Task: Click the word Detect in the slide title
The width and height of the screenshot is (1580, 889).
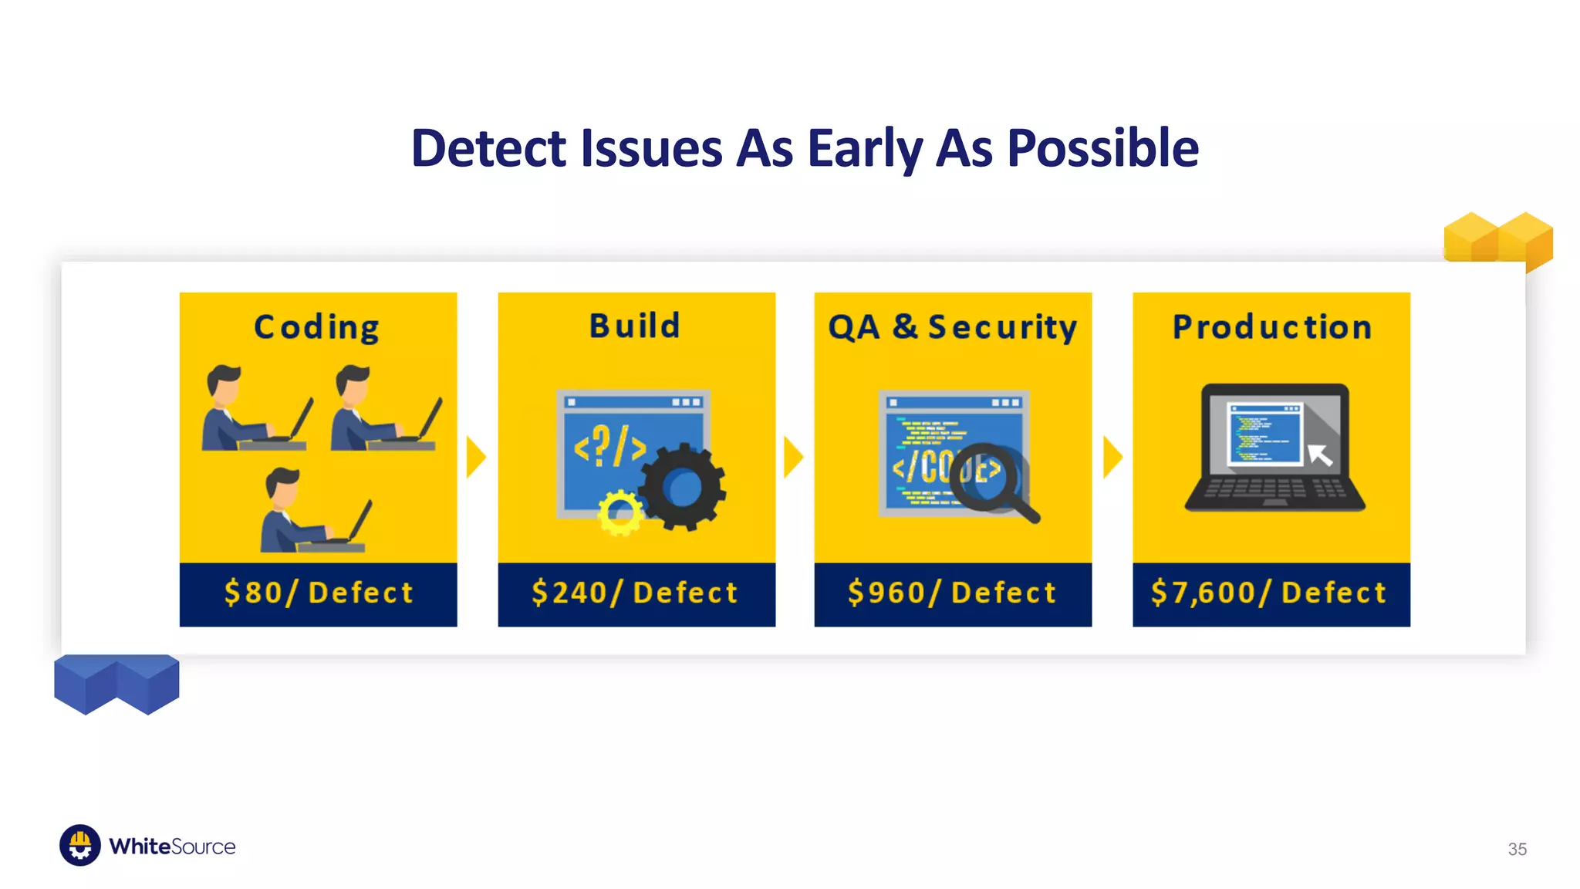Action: tap(489, 148)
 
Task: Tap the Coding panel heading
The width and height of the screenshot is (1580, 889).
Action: tap(317, 327)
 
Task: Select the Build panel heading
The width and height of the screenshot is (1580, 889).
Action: tap(635, 326)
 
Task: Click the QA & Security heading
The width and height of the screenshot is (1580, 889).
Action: tap(953, 327)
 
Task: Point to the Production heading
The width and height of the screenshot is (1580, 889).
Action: tap(1272, 327)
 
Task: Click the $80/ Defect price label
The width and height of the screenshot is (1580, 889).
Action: tap(319, 593)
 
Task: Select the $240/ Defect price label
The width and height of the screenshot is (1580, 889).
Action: tap(635, 593)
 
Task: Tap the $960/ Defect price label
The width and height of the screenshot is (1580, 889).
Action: tap(953, 593)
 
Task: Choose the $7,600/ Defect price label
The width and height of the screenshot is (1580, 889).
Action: tap(1270, 593)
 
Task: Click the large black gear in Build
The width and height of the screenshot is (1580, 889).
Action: tap(682, 487)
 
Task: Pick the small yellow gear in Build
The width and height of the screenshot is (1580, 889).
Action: tap(620, 512)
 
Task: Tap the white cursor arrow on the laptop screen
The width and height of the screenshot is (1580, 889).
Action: tap(1320, 455)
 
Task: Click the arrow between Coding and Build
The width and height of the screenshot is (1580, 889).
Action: tap(476, 457)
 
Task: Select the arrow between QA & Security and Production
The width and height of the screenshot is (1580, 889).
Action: tap(1112, 457)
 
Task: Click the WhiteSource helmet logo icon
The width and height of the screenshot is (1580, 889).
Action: tap(80, 846)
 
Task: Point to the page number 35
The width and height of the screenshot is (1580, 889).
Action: tap(1517, 849)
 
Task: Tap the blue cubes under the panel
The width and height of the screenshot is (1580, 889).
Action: tap(116, 682)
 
